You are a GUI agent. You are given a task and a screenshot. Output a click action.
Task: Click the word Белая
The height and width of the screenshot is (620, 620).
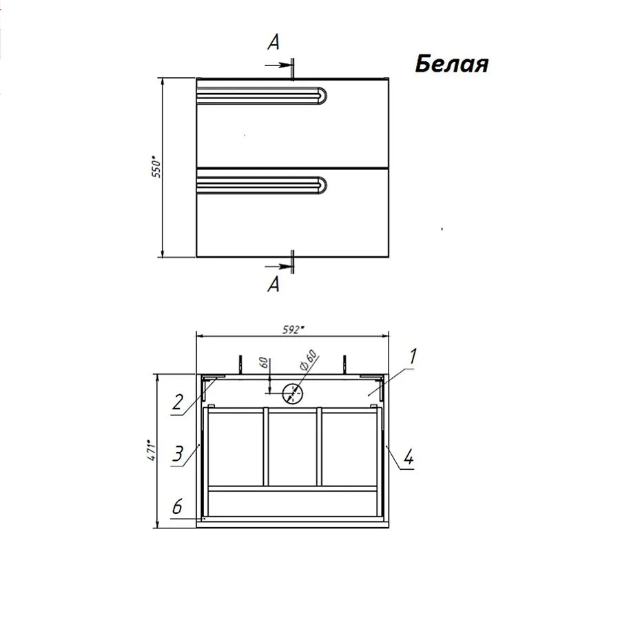[452, 63]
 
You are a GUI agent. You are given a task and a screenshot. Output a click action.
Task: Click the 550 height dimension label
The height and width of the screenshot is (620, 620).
[157, 167]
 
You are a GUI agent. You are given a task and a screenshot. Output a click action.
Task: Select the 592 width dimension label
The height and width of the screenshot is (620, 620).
[293, 329]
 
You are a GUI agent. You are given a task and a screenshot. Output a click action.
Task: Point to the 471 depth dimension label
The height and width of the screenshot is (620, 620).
[152, 450]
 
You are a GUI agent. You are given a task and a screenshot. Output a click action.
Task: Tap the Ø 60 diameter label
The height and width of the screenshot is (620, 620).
[309, 360]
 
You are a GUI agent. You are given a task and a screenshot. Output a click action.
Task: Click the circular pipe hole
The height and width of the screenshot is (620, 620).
[293, 394]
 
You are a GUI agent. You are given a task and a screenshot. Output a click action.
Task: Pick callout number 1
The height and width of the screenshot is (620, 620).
[412, 356]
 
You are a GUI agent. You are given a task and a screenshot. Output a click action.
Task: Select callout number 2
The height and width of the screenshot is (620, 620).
[178, 402]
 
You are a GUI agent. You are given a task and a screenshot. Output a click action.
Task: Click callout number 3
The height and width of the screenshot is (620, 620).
[178, 453]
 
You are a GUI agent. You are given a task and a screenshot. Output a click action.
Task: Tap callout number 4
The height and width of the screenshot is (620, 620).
[409, 457]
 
